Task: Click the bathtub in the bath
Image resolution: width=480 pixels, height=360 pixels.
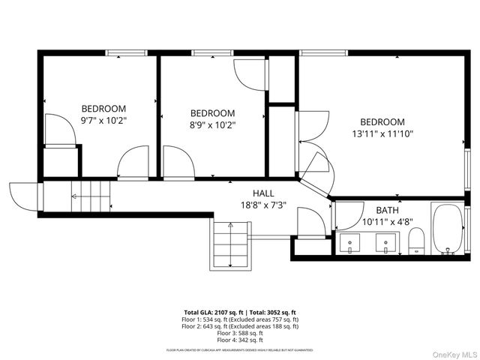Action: pyautogui.click(x=448, y=229)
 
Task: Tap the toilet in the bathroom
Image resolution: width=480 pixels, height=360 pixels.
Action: pyautogui.click(x=417, y=241)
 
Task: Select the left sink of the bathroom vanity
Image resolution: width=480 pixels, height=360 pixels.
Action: pyautogui.click(x=349, y=243)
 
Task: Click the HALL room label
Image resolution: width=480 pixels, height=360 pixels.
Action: pyautogui.click(x=262, y=193)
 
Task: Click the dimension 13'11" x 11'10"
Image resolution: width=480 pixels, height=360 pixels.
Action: pyautogui.click(x=382, y=133)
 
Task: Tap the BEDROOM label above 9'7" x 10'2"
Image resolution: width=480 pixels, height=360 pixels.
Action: pyautogui.click(x=103, y=108)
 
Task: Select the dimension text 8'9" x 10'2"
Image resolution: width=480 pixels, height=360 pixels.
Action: pyautogui.click(x=212, y=125)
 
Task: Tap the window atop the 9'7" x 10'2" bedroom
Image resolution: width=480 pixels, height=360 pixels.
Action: pyautogui.click(x=125, y=52)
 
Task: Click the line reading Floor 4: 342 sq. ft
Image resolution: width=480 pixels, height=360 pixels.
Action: pyautogui.click(x=240, y=338)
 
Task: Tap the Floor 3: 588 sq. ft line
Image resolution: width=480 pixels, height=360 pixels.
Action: pyautogui.click(x=240, y=331)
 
